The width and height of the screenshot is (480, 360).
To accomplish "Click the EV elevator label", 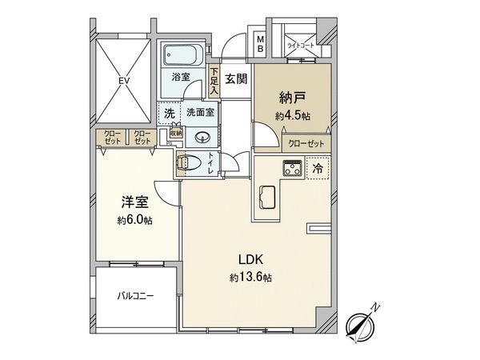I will pos(123,80).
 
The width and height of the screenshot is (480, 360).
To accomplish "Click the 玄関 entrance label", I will pos(234,78).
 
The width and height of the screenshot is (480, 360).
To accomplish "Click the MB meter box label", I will pos(261,42).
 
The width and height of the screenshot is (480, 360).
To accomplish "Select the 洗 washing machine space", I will pos(169,114).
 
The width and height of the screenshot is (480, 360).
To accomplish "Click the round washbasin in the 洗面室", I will pos(199,136).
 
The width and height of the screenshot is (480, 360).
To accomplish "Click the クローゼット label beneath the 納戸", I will pos(306,144).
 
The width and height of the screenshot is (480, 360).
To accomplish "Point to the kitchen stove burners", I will pos(290,169).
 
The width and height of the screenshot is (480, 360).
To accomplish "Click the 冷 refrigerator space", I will pos(317,170).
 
